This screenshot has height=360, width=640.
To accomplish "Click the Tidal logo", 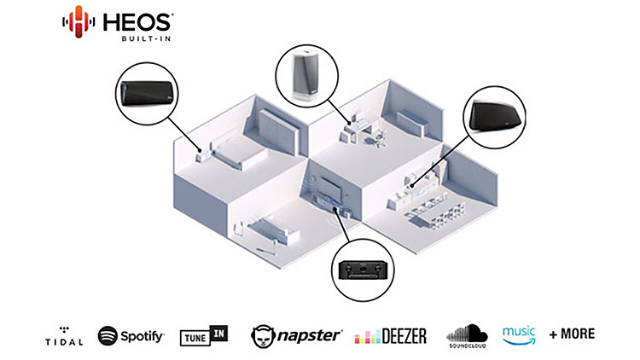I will pos(65,335).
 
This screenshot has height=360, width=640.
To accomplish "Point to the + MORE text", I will pos(572,334).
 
